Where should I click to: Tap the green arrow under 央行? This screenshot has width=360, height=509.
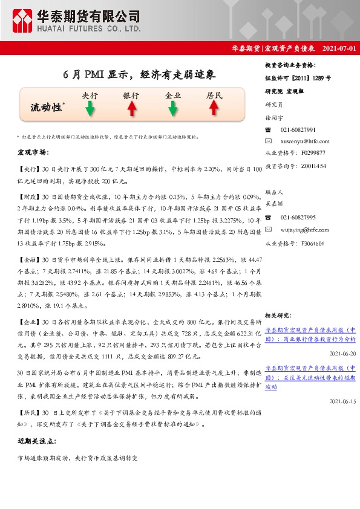90,108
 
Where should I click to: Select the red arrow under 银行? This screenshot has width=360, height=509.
131,108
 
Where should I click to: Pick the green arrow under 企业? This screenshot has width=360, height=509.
173,108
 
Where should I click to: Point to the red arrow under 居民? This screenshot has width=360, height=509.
214,108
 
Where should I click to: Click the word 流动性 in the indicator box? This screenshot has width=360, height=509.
47,108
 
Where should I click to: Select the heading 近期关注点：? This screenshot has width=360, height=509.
36,442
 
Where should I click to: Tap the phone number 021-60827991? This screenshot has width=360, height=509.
298,130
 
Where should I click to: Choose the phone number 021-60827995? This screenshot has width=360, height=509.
298,217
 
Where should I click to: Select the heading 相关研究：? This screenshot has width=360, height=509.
279,315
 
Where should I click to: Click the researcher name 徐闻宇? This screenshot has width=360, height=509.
274,118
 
